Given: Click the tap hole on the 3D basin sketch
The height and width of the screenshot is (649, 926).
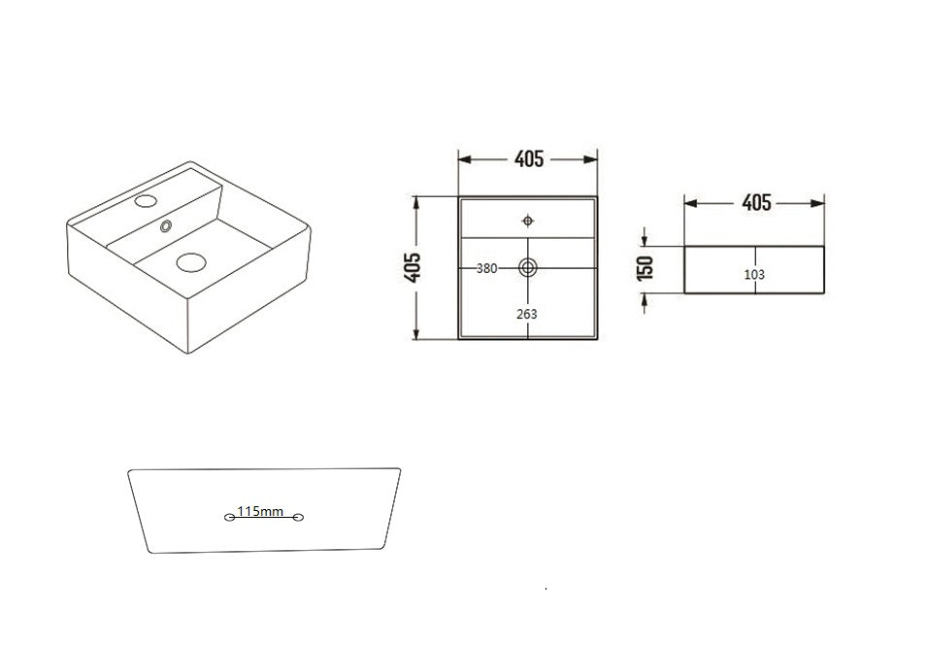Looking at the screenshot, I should point(147,201).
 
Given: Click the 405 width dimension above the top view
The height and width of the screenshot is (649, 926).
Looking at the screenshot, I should point(528,159).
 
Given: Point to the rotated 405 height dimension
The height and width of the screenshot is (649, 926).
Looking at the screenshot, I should point(412,267).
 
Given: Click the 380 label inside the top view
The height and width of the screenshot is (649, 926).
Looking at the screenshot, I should point(486,268).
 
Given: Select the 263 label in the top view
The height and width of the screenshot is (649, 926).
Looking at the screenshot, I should point(527,313).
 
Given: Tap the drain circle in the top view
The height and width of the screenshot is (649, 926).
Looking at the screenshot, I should point(527,268).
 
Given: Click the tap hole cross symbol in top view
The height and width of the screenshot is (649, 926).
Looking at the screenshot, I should point(527,220).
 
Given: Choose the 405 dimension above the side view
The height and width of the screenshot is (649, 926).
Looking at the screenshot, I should point(755,202).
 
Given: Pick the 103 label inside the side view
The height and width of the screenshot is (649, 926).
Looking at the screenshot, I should point(754,274).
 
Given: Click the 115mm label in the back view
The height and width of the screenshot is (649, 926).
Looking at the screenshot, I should point(260,511).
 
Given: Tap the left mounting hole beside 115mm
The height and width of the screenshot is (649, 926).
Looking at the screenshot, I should point(229,517).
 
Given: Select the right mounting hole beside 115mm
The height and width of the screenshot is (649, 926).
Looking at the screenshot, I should point(298,517).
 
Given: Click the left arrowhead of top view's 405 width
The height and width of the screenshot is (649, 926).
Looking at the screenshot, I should point(463,159).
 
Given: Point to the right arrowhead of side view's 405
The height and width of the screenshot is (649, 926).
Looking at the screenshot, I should point(819,203).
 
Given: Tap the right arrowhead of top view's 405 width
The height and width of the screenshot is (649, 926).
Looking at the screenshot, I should point(592,159).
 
